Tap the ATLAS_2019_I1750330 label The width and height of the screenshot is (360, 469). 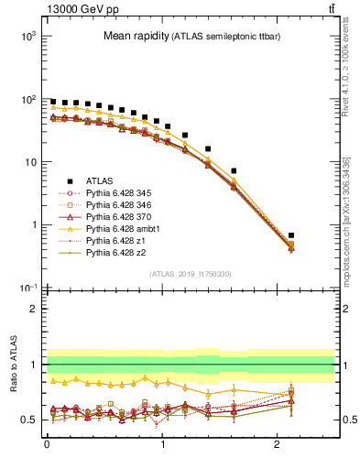click(191, 274)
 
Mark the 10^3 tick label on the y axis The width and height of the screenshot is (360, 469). click(27, 36)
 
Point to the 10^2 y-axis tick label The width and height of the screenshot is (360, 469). click(27, 99)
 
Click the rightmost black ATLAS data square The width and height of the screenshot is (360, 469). click(290, 235)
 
